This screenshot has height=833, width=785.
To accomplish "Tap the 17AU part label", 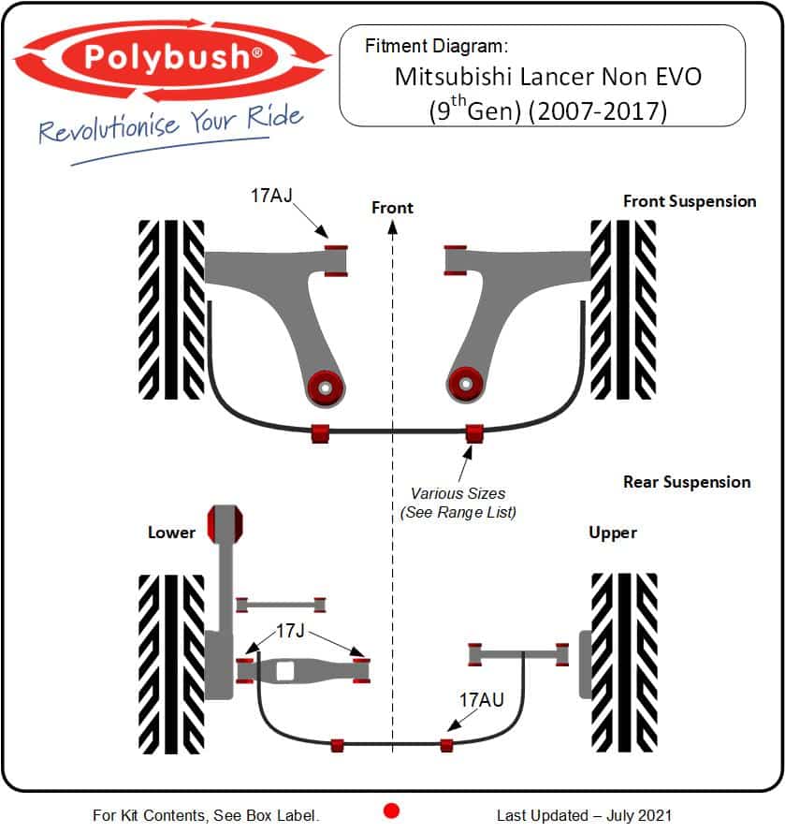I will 482,698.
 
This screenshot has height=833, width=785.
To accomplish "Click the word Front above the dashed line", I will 392,207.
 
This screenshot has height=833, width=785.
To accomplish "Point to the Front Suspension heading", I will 689,201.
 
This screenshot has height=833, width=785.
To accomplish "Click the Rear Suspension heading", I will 687,482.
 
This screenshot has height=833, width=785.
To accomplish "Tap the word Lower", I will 171,533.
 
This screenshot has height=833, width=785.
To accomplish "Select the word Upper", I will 613,533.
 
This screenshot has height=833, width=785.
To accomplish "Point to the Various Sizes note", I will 458,503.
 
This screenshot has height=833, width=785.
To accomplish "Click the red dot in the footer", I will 392,811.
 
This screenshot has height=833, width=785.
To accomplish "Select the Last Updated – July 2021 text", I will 584,815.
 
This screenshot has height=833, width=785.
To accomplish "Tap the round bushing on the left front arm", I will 325,387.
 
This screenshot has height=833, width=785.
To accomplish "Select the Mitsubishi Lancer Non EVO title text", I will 547,76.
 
